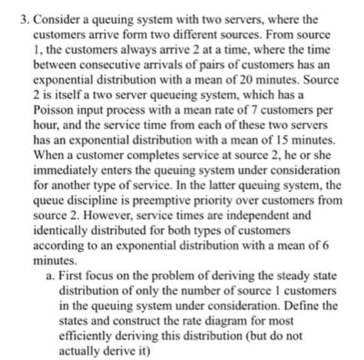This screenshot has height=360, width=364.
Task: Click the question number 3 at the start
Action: click(9, 13)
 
